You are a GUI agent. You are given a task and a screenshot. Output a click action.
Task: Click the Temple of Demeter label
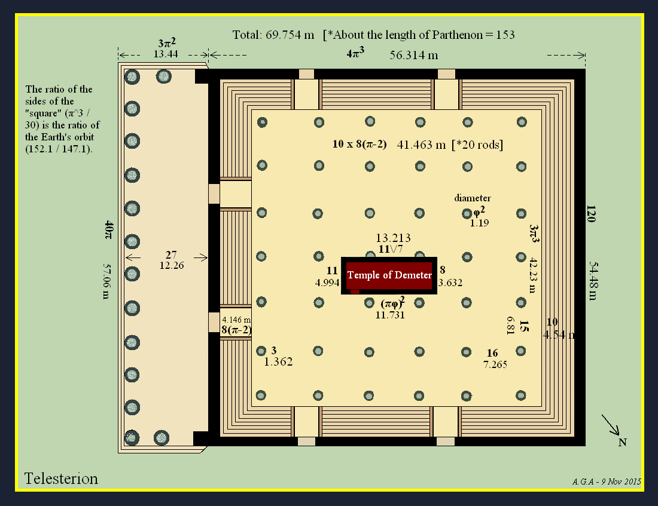[x=389, y=275]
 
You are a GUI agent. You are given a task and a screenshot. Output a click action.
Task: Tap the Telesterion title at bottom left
[x=61, y=479]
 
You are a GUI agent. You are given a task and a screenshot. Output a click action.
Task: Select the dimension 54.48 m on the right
[x=593, y=281]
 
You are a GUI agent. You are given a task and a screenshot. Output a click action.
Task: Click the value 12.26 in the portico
[x=172, y=265]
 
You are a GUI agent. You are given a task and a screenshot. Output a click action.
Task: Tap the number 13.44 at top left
[x=166, y=54]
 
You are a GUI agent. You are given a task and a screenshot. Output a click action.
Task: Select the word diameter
[x=473, y=198]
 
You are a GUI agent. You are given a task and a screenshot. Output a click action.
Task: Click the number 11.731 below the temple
[x=390, y=315]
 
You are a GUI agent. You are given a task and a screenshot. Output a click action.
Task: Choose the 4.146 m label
[x=236, y=320]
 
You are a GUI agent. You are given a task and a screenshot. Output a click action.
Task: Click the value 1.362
[x=278, y=361]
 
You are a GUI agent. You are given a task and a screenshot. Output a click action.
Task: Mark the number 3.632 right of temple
[x=450, y=283]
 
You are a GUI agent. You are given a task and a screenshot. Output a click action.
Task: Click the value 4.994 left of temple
[x=327, y=283]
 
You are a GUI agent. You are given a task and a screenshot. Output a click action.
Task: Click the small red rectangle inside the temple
[x=355, y=292]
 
